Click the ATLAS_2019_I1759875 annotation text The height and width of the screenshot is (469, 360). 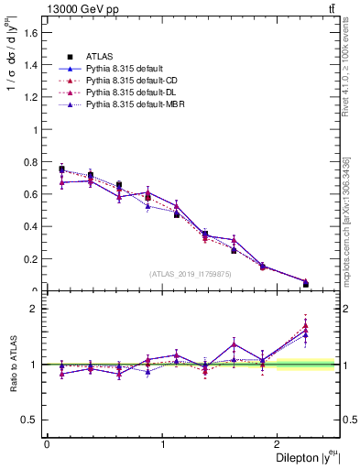coord(191,273)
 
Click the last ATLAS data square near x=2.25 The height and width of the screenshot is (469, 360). coord(306,284)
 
